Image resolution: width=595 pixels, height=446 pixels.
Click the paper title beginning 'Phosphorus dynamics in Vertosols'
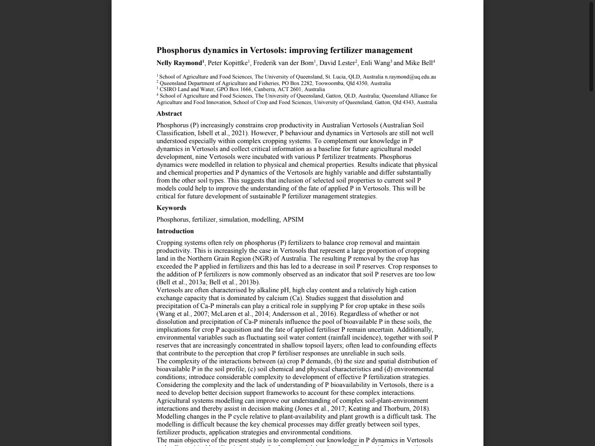[x=284, y=50]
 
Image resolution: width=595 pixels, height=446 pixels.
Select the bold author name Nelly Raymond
[x=179, y=63]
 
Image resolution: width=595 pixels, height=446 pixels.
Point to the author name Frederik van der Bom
[x=283, y=63]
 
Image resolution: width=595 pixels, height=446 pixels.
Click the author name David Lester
[x=337, y=63]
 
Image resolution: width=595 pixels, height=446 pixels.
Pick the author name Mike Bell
[x=419, y=63]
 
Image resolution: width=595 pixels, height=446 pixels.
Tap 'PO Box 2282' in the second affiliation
[x=297, y=83]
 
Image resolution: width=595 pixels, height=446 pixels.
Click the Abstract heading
[x=169, y=113]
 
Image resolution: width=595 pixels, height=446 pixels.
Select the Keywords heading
[x=171, y=208]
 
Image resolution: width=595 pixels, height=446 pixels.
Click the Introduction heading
[x=175, y=231]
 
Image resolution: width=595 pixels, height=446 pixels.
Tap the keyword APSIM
[x=293, y=219]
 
